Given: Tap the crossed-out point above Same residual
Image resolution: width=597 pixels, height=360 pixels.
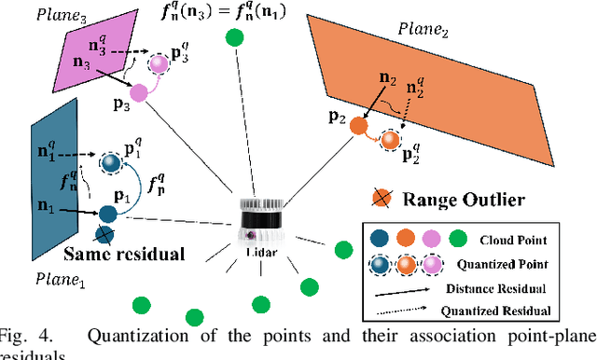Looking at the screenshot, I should pos(104,234).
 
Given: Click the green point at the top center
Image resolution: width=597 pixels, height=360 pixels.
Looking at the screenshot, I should pos(234,38).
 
